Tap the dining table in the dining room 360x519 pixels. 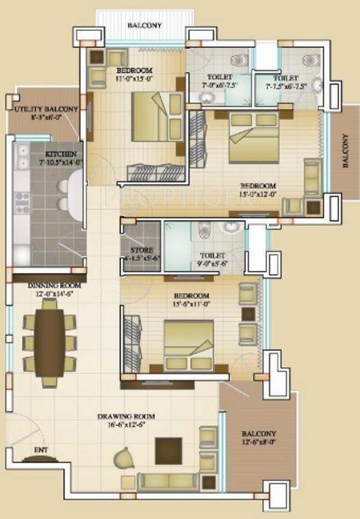click(x=50, y=345)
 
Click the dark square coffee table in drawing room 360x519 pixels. click(x=168, y=451)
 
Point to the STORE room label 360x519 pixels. click(x=142, y=251)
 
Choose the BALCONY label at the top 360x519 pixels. click(x=145, y=26)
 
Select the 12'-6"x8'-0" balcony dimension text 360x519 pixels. click(x=259, y=443)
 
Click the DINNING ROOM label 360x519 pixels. click(x=54, y=286)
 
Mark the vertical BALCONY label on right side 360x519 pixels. click(x=347, y=151)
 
